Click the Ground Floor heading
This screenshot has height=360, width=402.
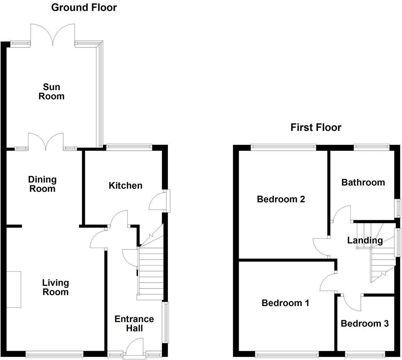pos(84,7)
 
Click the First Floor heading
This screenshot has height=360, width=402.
pos(315,127)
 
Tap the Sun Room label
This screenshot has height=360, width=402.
pos(51,91)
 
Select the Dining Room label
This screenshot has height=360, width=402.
pos(42,184)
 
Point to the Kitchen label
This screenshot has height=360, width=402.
pos(125,186)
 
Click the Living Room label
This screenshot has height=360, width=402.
pos(55,287)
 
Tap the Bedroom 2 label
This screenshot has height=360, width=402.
pos(281,199)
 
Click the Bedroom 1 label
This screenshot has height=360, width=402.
pos(285,303)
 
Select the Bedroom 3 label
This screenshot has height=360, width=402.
pos(364,324)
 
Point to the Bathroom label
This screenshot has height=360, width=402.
pos(363,182)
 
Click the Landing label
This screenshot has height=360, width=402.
pos(365,240)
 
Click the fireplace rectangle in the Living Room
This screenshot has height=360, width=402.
pos(14,289)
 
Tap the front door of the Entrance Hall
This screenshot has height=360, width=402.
pos(134,347)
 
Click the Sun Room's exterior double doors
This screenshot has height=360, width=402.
pos(53,34)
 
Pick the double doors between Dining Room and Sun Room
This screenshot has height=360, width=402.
pos(46,141)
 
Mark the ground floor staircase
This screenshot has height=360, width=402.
pos(151,269)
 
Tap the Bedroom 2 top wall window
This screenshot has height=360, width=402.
pos(283,147)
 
